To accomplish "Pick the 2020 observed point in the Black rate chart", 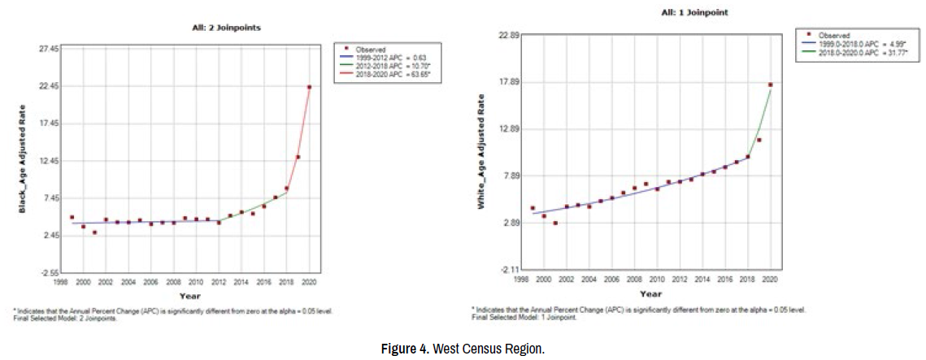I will (309, 87).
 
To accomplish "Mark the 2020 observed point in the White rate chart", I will (770, 85).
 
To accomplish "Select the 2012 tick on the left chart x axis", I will (219, 282).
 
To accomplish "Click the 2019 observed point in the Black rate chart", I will (298, 157).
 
